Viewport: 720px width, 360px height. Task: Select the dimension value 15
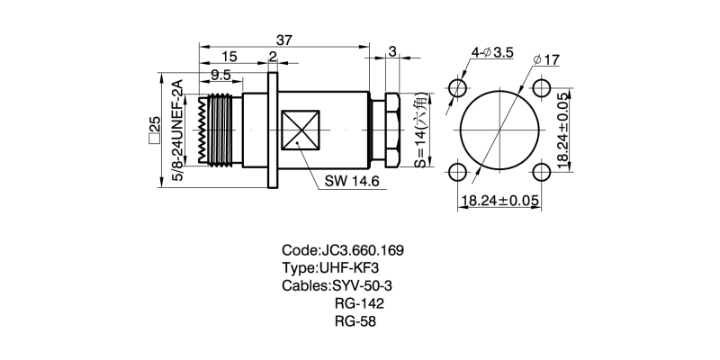(x=229, y=58)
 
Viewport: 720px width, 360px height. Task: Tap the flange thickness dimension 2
(x=272, y=58)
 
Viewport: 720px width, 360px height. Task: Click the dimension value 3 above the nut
(x=392, y=51)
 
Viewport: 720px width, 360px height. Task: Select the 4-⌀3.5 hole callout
(x=491, y=52)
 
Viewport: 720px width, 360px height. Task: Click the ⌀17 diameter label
(x=546, y=59)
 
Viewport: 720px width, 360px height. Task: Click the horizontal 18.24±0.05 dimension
(x=499, y=200)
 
